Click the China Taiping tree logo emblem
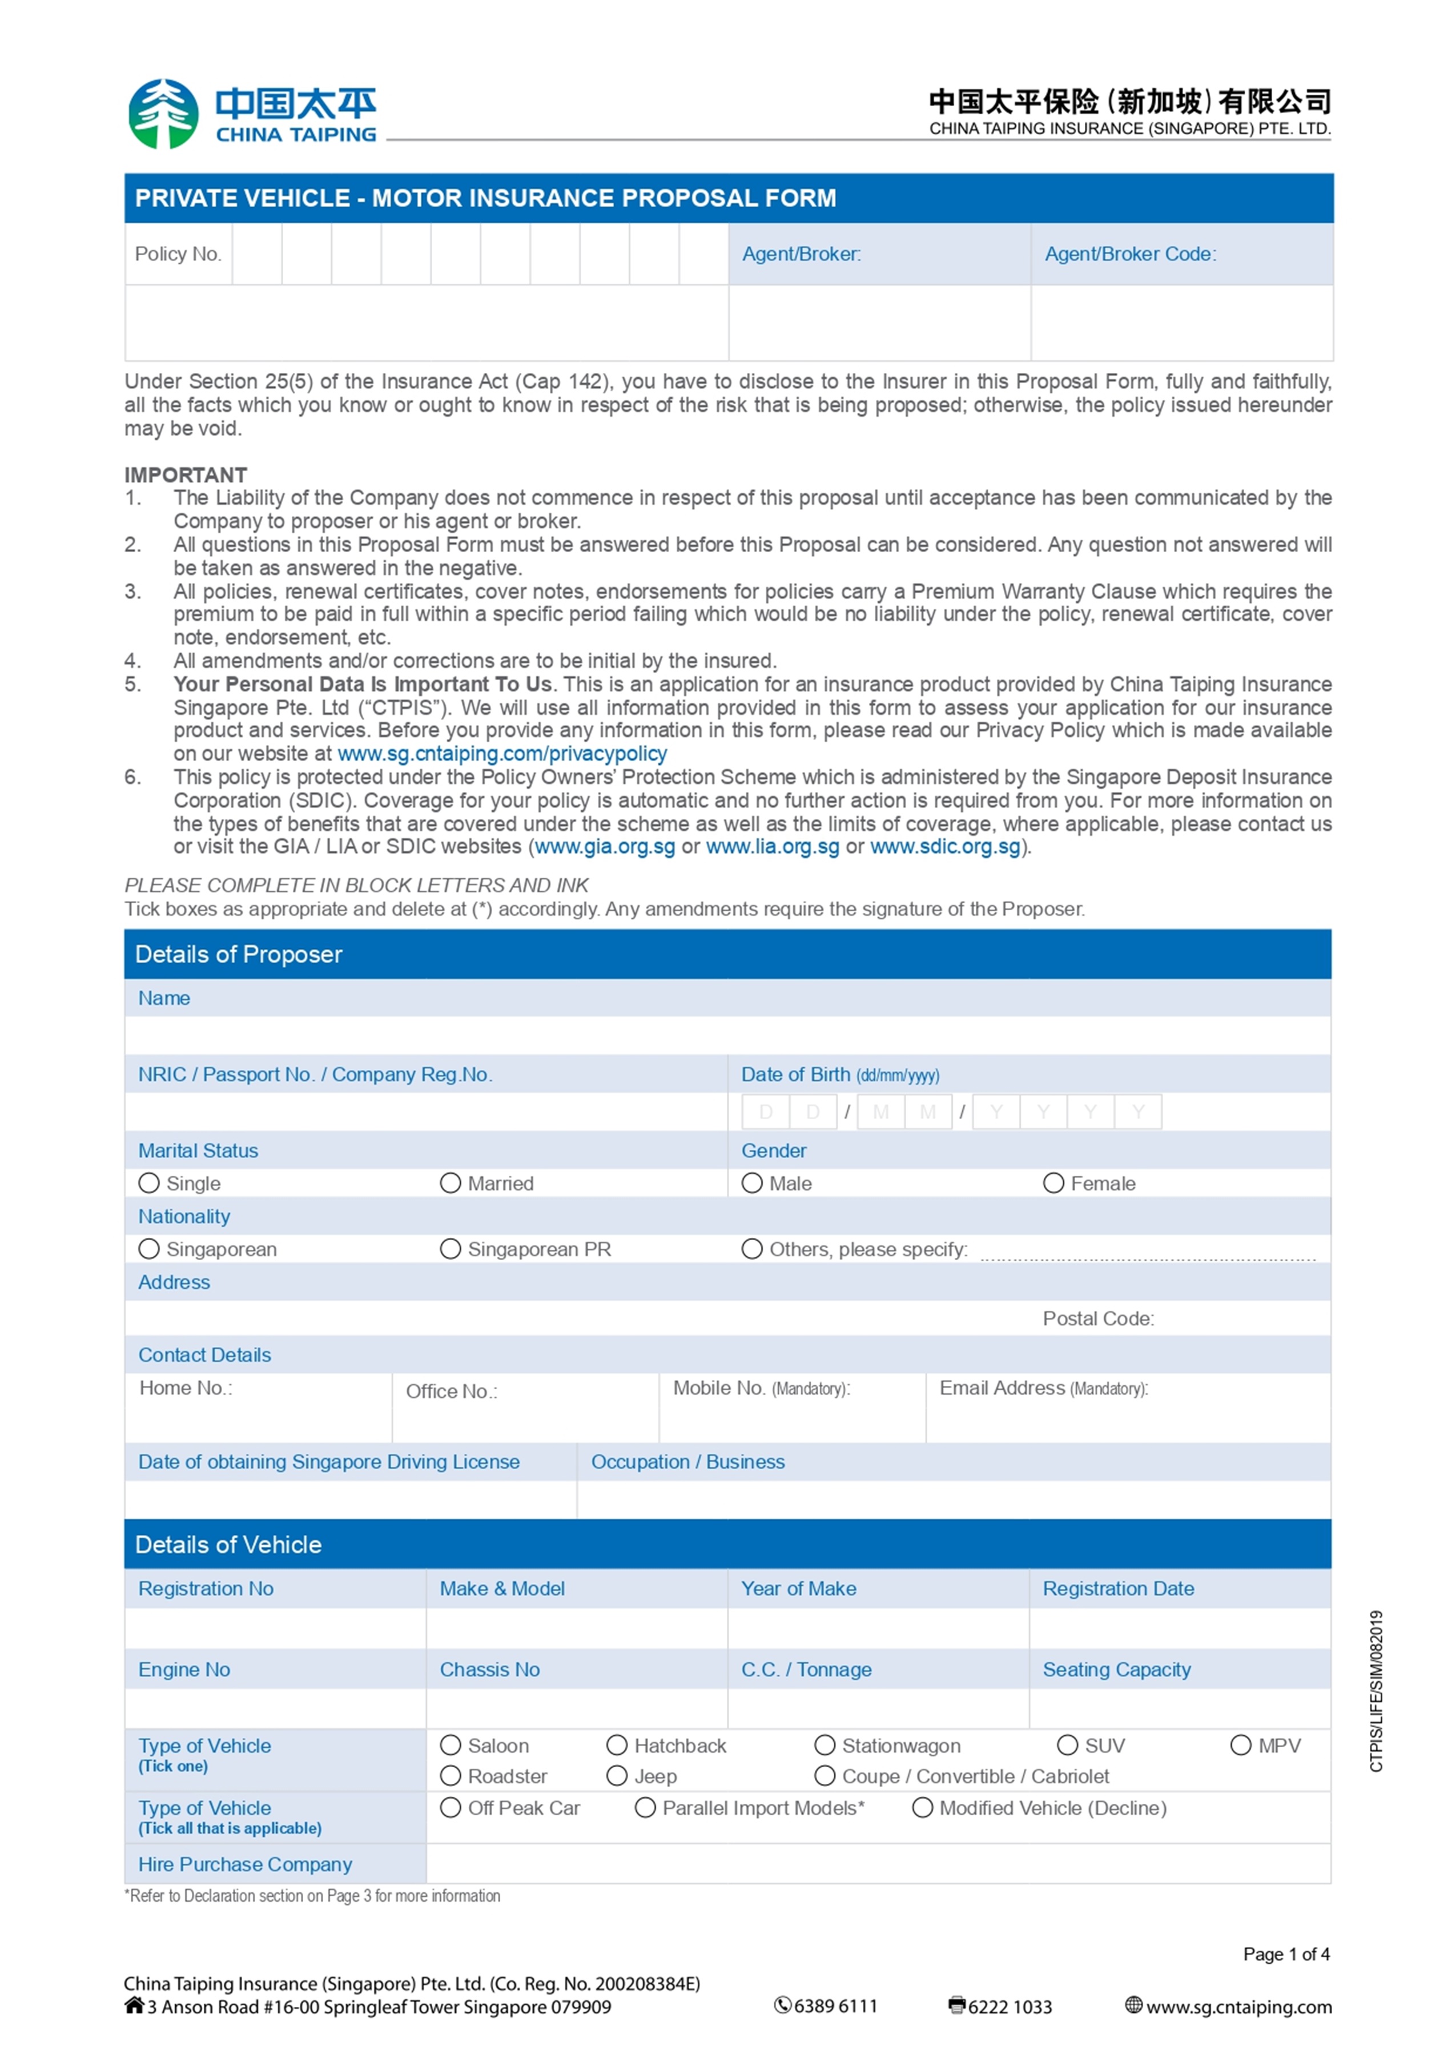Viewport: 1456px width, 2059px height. point(163,114)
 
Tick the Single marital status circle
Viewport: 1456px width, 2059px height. point(149,1183)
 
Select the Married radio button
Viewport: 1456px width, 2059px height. point(450,1183)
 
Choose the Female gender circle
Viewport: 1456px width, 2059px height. point(1053,1183)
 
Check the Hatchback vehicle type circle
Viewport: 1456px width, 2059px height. point(617,1744)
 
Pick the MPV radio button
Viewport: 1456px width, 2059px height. point(1240,1744)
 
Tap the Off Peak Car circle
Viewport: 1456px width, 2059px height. point(450,1807)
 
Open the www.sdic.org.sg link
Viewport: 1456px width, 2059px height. point(945,847)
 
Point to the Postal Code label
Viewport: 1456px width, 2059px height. point(1098,1318)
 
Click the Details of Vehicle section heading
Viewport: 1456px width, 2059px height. point(228,1544)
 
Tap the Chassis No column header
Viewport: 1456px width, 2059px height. point(489,1669)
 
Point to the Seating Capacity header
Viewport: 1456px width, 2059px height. point(1116,1669)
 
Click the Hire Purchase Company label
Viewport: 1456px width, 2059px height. point(245,1864)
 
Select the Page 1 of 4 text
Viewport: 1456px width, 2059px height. point(1286,1954)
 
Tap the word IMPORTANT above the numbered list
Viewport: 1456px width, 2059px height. point(186,474)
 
